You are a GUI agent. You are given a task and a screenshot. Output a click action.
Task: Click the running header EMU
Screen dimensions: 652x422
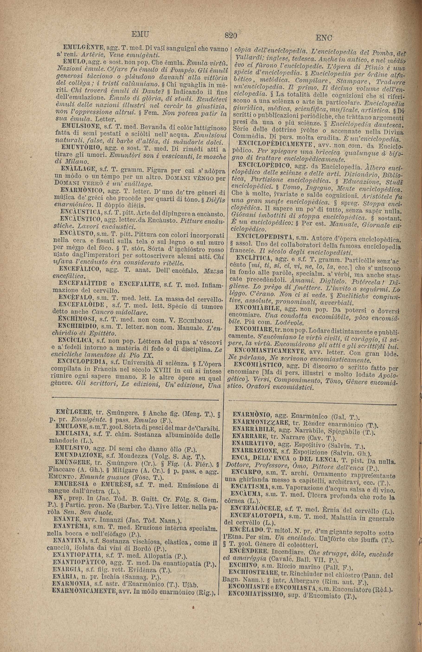[140, 35]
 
